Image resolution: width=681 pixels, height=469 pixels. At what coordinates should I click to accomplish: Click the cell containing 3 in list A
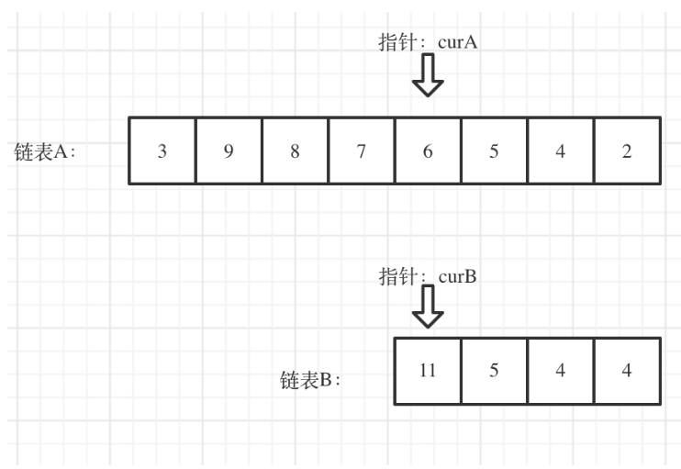tap(162, 151)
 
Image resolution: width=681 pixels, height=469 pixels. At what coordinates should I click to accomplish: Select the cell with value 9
tap(229, 151)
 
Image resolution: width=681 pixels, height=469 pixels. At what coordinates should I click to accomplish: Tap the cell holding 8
tap(295, 151)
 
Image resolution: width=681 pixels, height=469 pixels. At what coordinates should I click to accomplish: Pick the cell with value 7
tap(362, 151)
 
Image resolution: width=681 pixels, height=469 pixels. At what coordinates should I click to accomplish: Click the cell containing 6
tap(428, 151)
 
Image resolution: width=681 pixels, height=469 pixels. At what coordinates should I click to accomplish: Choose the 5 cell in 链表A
tap(494, 151)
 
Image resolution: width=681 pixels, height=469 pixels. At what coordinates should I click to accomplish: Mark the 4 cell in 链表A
tap(560, 151)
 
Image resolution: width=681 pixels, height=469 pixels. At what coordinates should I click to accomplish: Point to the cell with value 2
tap(626, 151)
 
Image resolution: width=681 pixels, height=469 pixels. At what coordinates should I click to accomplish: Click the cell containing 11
tap(428, 372)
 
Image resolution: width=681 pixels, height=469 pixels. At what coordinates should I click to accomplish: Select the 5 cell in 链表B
tap(494, 372)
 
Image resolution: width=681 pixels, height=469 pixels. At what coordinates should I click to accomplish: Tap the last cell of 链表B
tap(626, 372)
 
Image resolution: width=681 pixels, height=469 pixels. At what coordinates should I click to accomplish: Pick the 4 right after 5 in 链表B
tap(560, 372)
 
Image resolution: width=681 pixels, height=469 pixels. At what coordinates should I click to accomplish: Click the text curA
tap(459, 42)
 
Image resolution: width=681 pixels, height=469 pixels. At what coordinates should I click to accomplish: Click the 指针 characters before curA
tap(396, 42)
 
